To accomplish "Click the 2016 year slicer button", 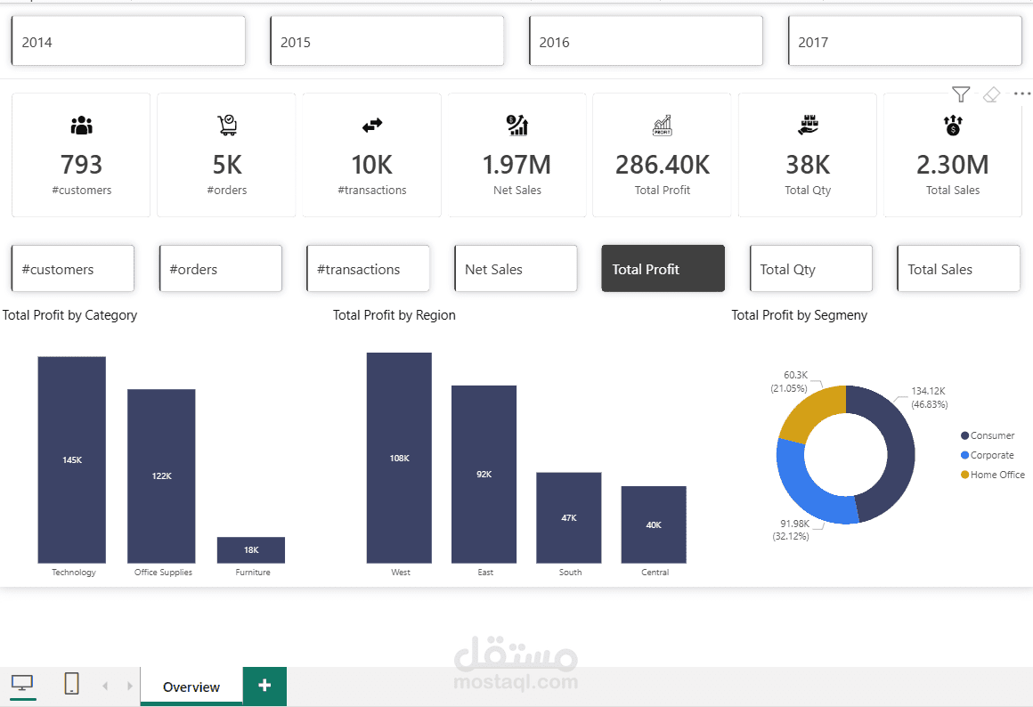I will [x=646, y=41].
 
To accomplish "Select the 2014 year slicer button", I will [x=128, y=41].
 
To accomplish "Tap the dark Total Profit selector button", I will [x=663, y=269].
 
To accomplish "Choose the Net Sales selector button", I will [x=516, y=269].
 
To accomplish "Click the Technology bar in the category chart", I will [x=71, y=459].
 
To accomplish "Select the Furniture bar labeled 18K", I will [x=251, y=550].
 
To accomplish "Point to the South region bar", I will [x=568, y=517].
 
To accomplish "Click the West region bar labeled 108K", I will [x=399, y=458].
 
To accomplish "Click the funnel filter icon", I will [x=960, y=94].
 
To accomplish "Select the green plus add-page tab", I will [x=264, y=686].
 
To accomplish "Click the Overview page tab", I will [x=191, y=687].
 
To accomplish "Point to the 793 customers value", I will [x=81, y=165].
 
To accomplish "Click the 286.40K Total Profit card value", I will [x=663, y=165].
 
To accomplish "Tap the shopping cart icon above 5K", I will [x=227, y=126].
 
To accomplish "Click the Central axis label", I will [x=655, y=573].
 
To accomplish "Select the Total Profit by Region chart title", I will [x=394, y=315].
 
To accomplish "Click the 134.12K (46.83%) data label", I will [x=929, y=397].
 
